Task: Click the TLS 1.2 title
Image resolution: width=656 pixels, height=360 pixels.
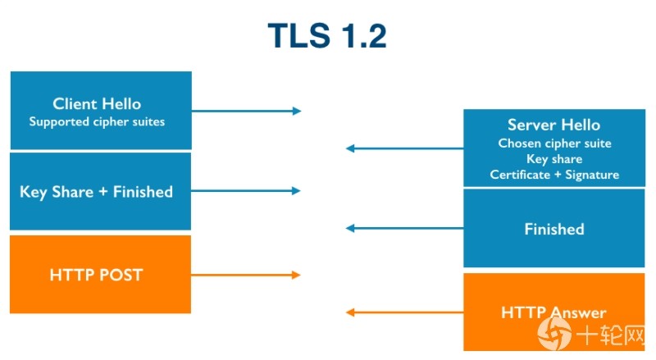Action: click(327, 35)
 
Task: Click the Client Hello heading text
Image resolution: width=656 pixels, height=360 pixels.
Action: click(97, 104)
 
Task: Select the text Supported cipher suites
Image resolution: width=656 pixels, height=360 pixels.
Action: click(97, 122)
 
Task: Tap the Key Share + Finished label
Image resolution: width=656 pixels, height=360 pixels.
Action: click(96, 192)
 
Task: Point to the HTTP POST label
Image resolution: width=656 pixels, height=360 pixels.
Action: click(96, 275)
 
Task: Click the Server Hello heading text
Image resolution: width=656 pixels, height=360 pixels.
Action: click(554, 125)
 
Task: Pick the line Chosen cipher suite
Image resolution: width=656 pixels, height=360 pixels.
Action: click(554, 144)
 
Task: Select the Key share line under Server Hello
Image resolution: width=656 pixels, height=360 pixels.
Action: click(554, 159)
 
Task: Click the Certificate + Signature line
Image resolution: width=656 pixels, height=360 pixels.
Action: click(554, 175)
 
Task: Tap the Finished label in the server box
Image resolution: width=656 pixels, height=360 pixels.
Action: click(554, 229)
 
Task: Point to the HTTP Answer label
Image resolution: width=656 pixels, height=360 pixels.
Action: click(553, 312)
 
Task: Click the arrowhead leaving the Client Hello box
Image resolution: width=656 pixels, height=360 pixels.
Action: click(297, 111)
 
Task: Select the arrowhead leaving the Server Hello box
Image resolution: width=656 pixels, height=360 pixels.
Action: click(350, 148)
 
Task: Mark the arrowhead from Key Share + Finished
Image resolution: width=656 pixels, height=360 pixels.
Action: click(296, 191)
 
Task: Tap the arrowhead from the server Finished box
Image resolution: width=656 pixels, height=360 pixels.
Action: click(350, 228)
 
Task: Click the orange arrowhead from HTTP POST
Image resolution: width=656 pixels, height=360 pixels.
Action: click(296, 275)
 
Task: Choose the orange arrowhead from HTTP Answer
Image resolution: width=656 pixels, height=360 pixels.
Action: click(350, 312)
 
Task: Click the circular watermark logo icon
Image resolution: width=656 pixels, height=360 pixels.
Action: click(554, 334)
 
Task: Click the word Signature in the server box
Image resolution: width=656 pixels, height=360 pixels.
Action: click(592, 175)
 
